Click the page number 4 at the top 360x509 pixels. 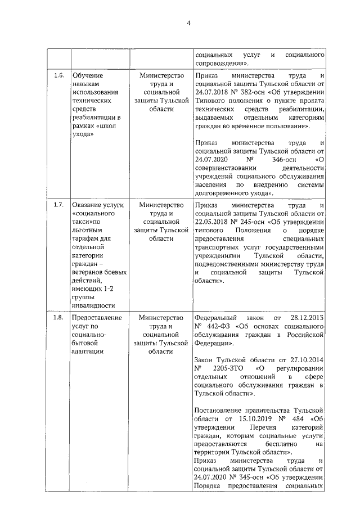pos(189,23)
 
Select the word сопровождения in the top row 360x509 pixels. pos(221,64)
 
